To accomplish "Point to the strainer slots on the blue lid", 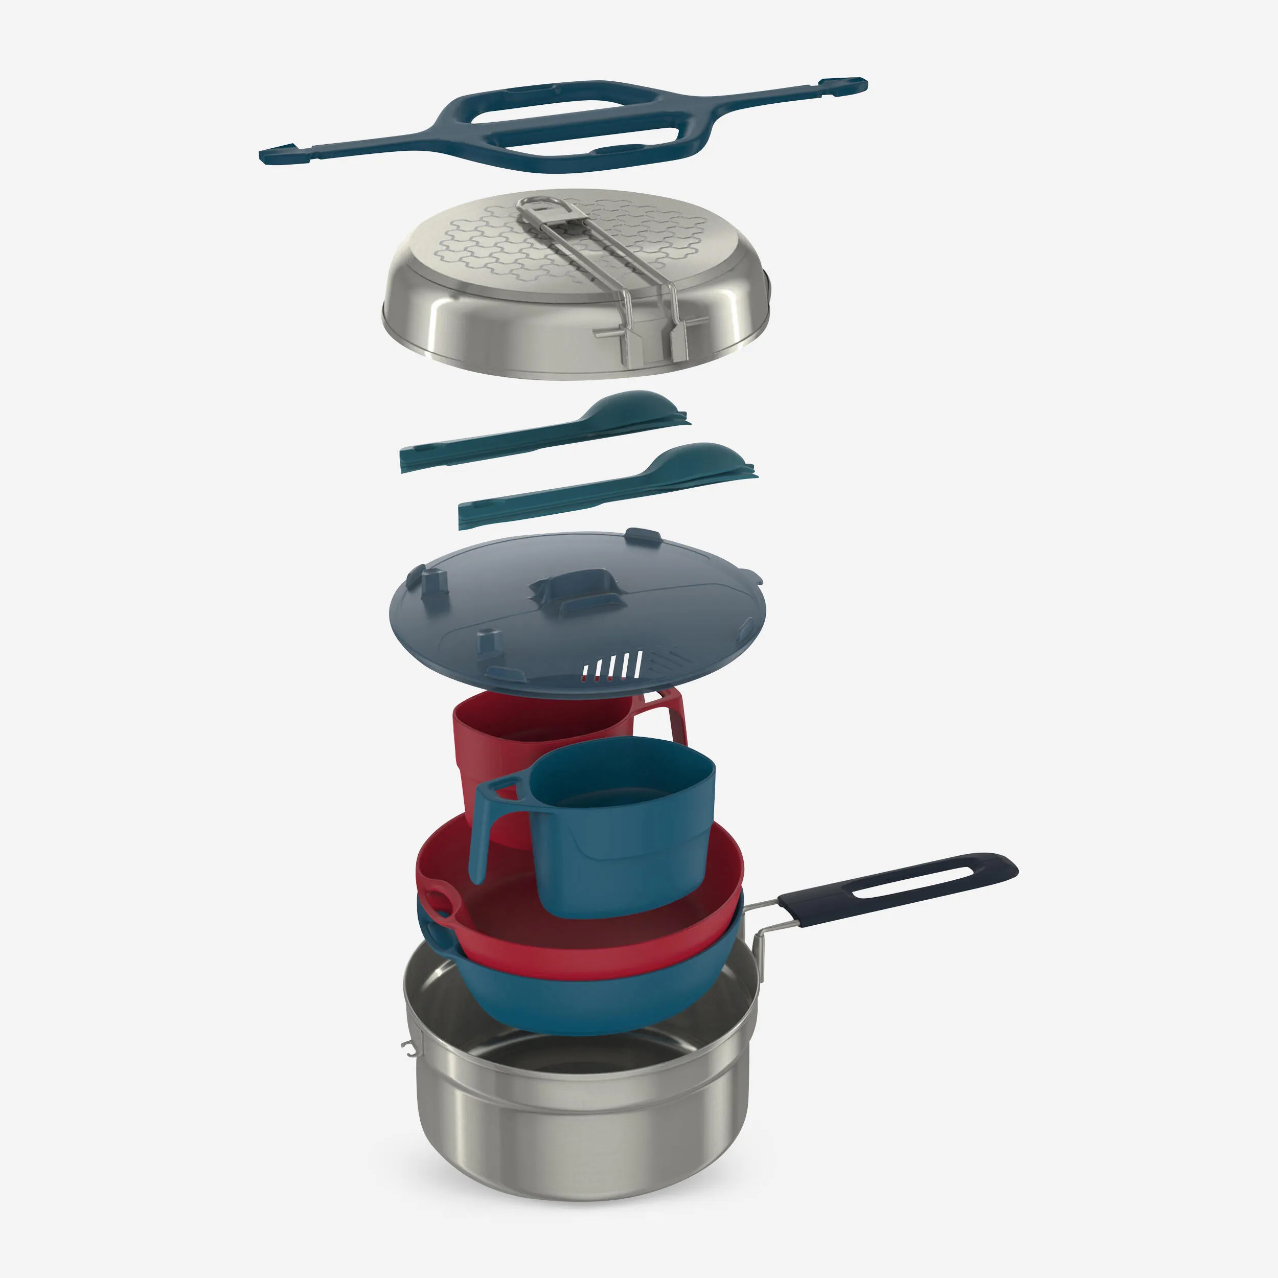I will tap(612, 667).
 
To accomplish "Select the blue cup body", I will tap(628, 840).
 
